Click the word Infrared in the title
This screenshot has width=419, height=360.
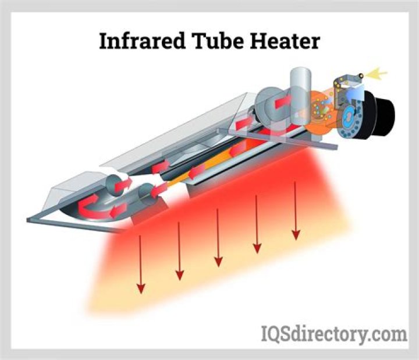[x=142, y=41]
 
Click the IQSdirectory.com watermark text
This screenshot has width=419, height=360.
[x=334, y=334]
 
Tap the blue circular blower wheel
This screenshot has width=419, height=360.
[x=349, y=118]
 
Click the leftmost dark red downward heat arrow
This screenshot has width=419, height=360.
[x=141, y=264]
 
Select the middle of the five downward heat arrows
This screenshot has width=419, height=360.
[x=218, y=238]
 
